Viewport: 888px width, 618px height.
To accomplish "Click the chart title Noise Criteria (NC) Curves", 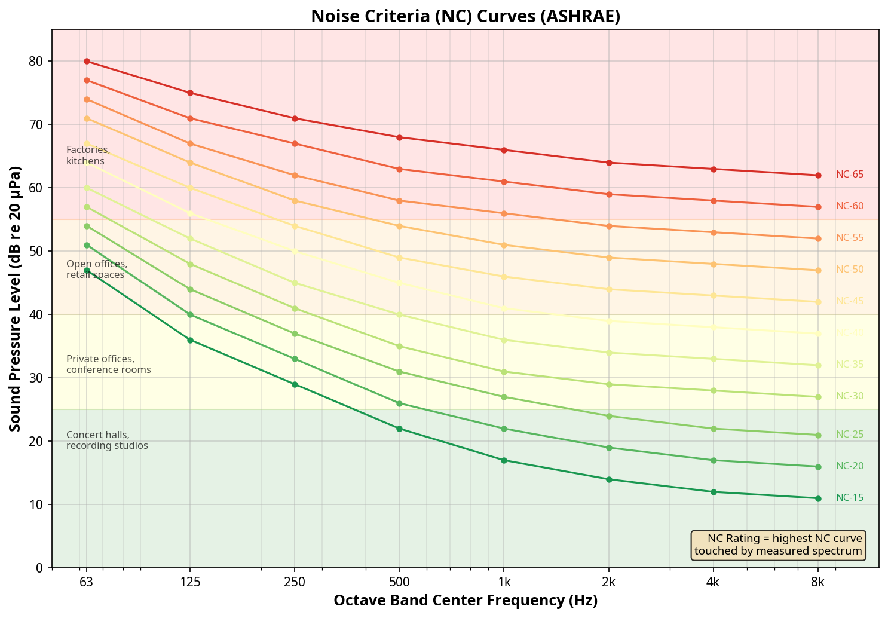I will click(x=466, y=16).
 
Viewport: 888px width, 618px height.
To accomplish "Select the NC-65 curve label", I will click(x=849, y=175).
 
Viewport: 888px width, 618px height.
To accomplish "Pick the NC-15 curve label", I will click(x=849, y=497).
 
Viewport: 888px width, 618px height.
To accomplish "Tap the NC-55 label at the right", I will click(x=849, y=238).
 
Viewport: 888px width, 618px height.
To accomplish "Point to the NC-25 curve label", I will click(x=849, y=435).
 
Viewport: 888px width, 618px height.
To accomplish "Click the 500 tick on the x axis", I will click(x=399, y=583).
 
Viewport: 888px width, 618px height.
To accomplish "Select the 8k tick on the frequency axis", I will click(x=817, y=583).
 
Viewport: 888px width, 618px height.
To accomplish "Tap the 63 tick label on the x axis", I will click(x=87, y=583).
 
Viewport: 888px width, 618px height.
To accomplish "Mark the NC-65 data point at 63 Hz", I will click(x=87, y=62).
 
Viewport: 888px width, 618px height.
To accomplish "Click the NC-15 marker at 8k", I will click(x=818, y=498).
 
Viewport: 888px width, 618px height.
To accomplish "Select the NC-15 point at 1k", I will click(x=504, y=460).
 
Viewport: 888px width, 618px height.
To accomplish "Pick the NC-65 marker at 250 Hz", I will click(x=295, y=118).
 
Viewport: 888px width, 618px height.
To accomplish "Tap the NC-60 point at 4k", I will click(x=714, y=201).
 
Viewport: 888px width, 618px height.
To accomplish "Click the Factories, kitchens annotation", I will click(x=88, y=155).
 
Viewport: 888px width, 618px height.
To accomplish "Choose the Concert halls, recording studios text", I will click(x=107, y=440).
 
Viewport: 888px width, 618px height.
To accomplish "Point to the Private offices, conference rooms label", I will click(x=108, y=365).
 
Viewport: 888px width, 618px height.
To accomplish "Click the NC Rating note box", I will click(x=778, y=544).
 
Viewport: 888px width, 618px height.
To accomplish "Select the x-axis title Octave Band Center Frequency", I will click(x=466, y=601).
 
